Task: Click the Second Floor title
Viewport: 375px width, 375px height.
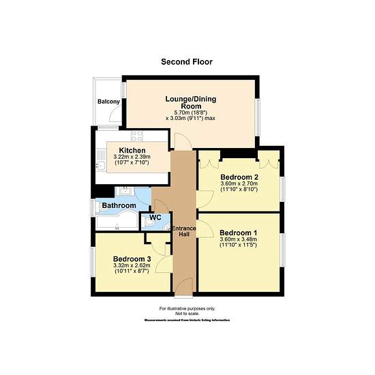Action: click(x=187, y=61)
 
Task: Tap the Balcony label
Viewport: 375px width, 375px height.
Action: click(x=108, y=102)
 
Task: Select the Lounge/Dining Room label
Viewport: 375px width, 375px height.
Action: click(x=191, y=102)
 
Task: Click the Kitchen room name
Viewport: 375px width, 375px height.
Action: click(x=132, y=151)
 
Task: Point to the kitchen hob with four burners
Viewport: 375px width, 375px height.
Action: click(x=137, y=136)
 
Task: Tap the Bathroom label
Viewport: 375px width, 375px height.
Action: click(x=119, y=205)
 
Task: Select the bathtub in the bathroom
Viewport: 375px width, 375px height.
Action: click(x=117, y=220)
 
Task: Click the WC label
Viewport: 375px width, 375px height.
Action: click(x=155, y=217)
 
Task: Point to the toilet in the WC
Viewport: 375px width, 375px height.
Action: click(x=149, y=223)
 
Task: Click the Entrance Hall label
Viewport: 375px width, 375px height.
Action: click(x=184, y=231)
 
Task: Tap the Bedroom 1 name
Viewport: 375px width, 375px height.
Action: click(x=238, y=232)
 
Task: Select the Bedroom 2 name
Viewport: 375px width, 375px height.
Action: click(x=239, y=177)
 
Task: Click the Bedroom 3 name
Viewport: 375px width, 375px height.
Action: click(x=132, y=259)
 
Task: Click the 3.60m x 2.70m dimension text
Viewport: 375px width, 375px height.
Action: click(x=239, y=183)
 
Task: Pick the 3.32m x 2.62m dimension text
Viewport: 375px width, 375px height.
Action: click(x=132, y=265)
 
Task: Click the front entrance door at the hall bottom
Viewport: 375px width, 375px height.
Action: click(x=183, y=287)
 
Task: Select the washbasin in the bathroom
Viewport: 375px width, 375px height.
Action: click(x=125, y=192)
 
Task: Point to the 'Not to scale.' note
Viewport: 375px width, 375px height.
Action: click(x=187, y=314)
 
